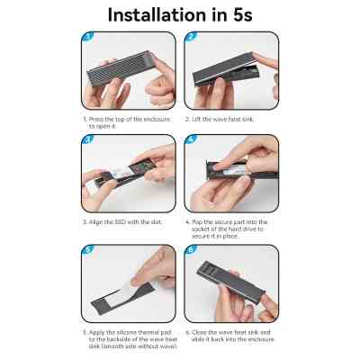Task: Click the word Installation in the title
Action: pyautogui.click(x=157, y=15)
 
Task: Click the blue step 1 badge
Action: pyautogui.click(x=87, y=37)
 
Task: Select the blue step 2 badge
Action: pyautogui.click(x=191, y=37)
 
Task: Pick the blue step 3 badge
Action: pyautogui.click(x=87, y=139)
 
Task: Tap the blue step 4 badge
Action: pyautogui.click(x=191, y=139)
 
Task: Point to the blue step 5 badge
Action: pyautogui.click(x=87, y=250)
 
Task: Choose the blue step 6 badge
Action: pyautogui.click(x=191, y=250)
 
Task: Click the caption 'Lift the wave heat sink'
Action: pyautogui.click(x=220, y=120)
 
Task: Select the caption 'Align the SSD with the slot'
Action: pyautogui.click(x=122, y=222)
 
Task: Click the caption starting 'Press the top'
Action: pyautogui.click(x=127, y=122)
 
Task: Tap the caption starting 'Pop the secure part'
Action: pyautogui.click(x=227, y=229)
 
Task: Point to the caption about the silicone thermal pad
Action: pyautogui.click(x=130, y=339)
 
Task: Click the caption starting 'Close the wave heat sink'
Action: pyautogui.click(x=229, y=336)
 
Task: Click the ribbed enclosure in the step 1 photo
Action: pyautogui.click(x=119, y=68)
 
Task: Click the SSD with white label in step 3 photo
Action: pyautogui.click(x=120, y=173)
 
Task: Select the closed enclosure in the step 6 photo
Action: pyautogui.click(x=230, y=281)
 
